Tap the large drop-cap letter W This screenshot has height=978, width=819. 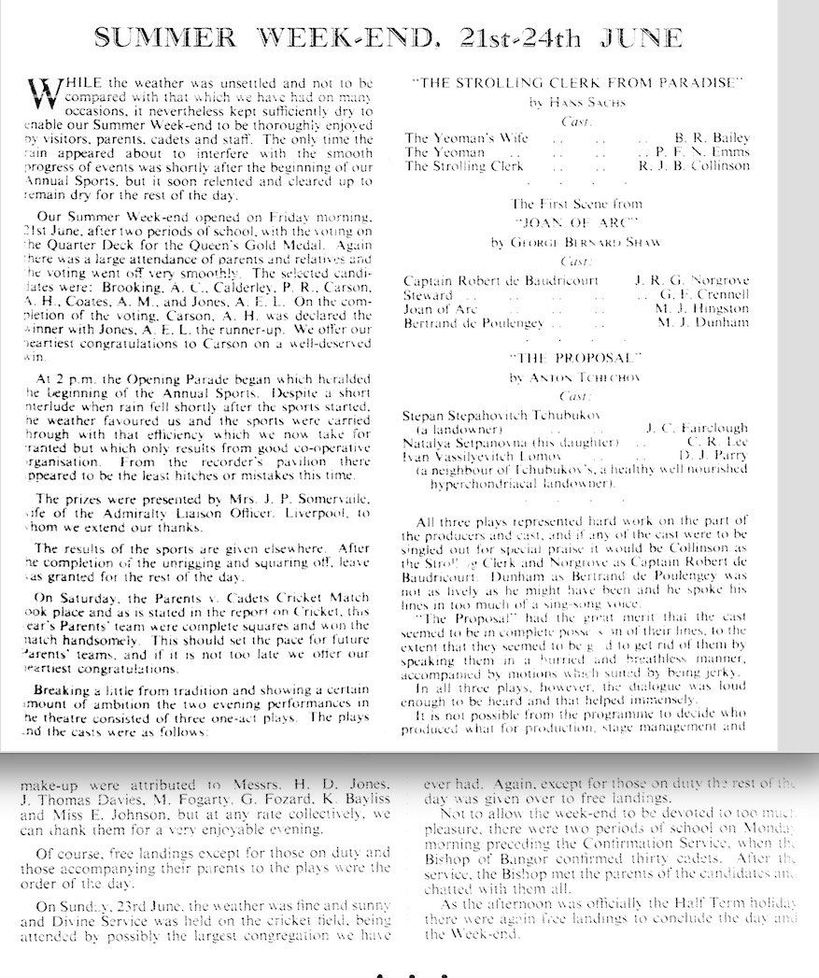[46, 92]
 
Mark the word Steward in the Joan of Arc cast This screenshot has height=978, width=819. [426, 294]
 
